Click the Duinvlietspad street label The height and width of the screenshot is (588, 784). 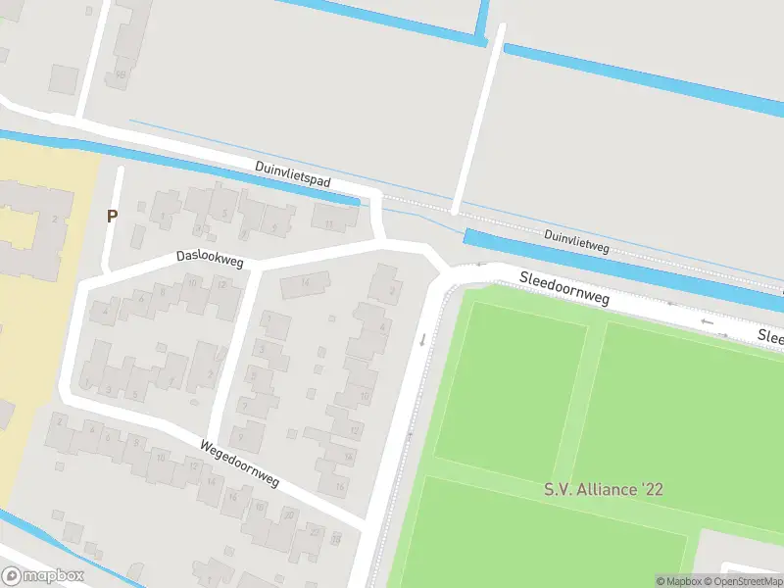click(293, 174)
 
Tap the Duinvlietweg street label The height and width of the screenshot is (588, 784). click(576, 242)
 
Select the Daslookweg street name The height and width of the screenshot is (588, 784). click(209, 259)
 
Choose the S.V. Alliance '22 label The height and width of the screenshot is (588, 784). click(604, 488)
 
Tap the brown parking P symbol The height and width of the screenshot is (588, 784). click(112, 216)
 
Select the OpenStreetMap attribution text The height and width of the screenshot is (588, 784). click(744, 581)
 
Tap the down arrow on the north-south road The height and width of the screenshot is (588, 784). click(422, 340)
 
